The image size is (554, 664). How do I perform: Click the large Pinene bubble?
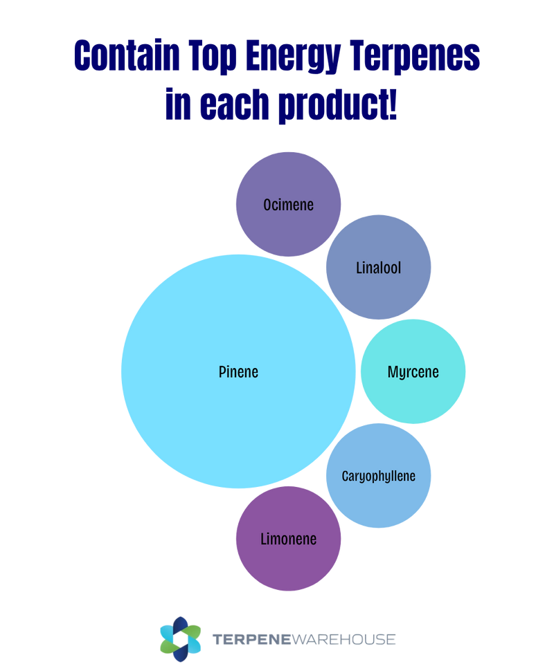[208, 415]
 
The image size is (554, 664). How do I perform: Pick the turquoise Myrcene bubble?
[413, 346]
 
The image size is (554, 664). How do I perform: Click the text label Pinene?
[238, 371]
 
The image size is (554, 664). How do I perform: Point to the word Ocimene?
[288, 205]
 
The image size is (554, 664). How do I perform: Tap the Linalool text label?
[378, 268]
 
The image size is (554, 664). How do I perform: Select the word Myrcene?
[413, 372]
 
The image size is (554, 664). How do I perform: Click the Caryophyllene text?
[378, 476]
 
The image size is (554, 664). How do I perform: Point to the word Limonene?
[288, 539]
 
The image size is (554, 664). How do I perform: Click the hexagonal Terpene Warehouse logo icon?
[180, 637]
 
